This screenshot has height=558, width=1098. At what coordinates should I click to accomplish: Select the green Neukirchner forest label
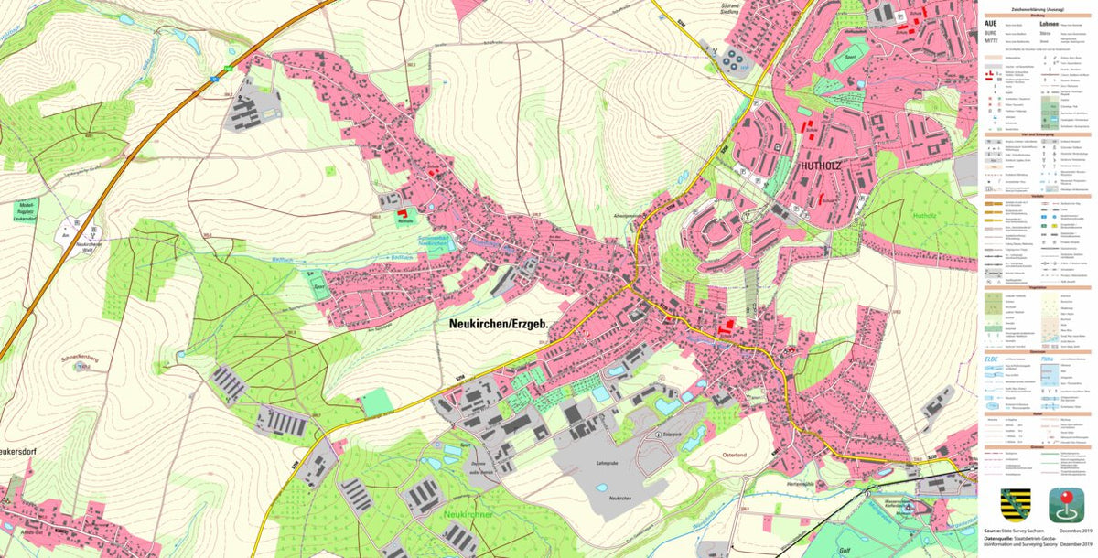coord(468,515)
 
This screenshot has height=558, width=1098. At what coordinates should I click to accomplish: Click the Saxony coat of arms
coord(1014,504)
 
